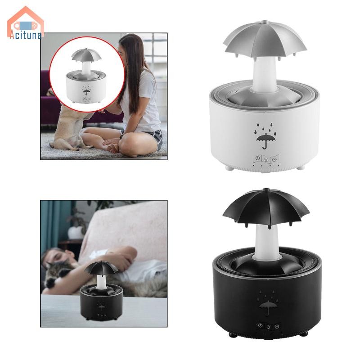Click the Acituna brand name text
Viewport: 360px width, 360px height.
coord(26,36)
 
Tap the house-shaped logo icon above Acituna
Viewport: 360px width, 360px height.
coord(26,20)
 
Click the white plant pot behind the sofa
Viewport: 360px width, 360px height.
coord(76,232)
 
